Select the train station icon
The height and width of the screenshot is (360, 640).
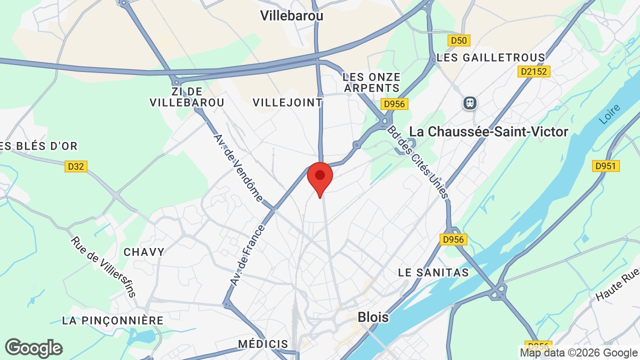tap(469, 103)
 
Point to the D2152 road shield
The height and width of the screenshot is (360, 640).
tap(534, 71)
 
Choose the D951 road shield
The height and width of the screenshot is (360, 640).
tap(605, 165)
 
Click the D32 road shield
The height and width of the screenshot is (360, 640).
tap(76, 166)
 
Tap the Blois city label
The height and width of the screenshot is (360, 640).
tap(373, 317)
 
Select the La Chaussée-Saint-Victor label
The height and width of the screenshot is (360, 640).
tap(488, 131)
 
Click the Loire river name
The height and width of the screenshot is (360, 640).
tap(609, 114)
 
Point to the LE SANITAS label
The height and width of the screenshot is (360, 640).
tap(433, 272)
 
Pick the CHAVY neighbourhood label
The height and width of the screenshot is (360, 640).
tap(144, 252)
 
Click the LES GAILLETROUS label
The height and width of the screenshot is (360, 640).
tap(490, 57)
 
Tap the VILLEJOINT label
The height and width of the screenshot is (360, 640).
tap(287, 102)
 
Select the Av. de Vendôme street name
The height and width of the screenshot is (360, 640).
tap(237, 167)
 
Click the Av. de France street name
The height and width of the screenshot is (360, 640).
tap(246, 255)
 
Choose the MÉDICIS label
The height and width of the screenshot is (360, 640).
tap(263, 344)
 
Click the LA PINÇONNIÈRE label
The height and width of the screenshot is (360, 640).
tap(112, 320)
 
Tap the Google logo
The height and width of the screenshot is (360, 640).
tap(33, 348)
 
